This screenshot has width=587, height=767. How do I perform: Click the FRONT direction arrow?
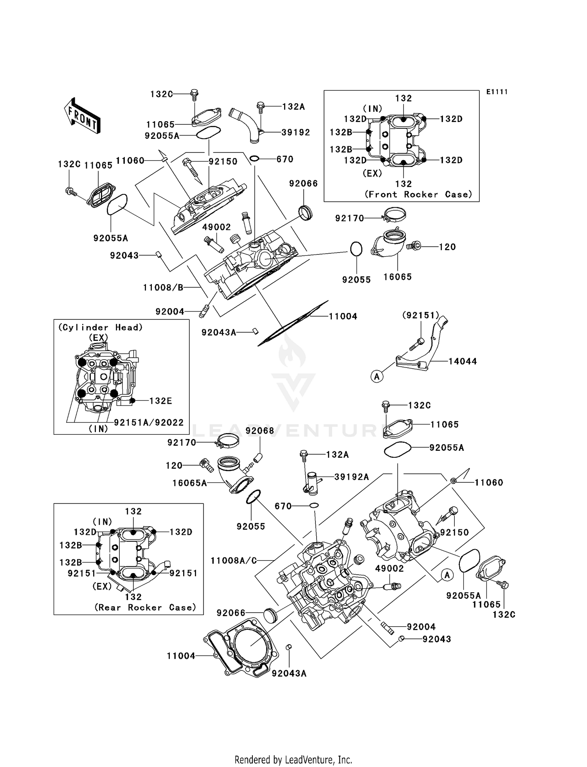coord(82,116)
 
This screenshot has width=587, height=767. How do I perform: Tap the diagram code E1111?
coord(497,92)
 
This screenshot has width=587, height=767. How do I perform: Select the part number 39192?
coord(295,133)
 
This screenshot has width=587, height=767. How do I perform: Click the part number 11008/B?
coord(163,288)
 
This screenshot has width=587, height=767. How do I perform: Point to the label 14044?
coord(463,361)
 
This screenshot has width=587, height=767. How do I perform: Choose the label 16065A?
coord(189,483)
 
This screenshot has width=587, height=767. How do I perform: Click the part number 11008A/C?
coord(234,561)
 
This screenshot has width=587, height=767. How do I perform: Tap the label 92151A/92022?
coord(149,422)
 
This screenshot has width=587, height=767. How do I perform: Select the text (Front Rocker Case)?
coord(418,194)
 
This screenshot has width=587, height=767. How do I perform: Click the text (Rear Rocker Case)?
coord(145,607)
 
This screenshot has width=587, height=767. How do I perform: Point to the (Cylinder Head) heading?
coord(101,328)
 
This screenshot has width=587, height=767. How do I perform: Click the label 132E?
coord(160,401)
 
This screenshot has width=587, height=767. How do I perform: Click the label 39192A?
coord(351,477)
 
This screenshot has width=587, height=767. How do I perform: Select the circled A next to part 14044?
coord(377,376)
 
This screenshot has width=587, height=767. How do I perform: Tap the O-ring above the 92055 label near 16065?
coord(356,249)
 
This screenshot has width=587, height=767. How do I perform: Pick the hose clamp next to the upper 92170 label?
coord(394,214)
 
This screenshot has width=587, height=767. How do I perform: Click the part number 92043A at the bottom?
coord(289,673)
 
